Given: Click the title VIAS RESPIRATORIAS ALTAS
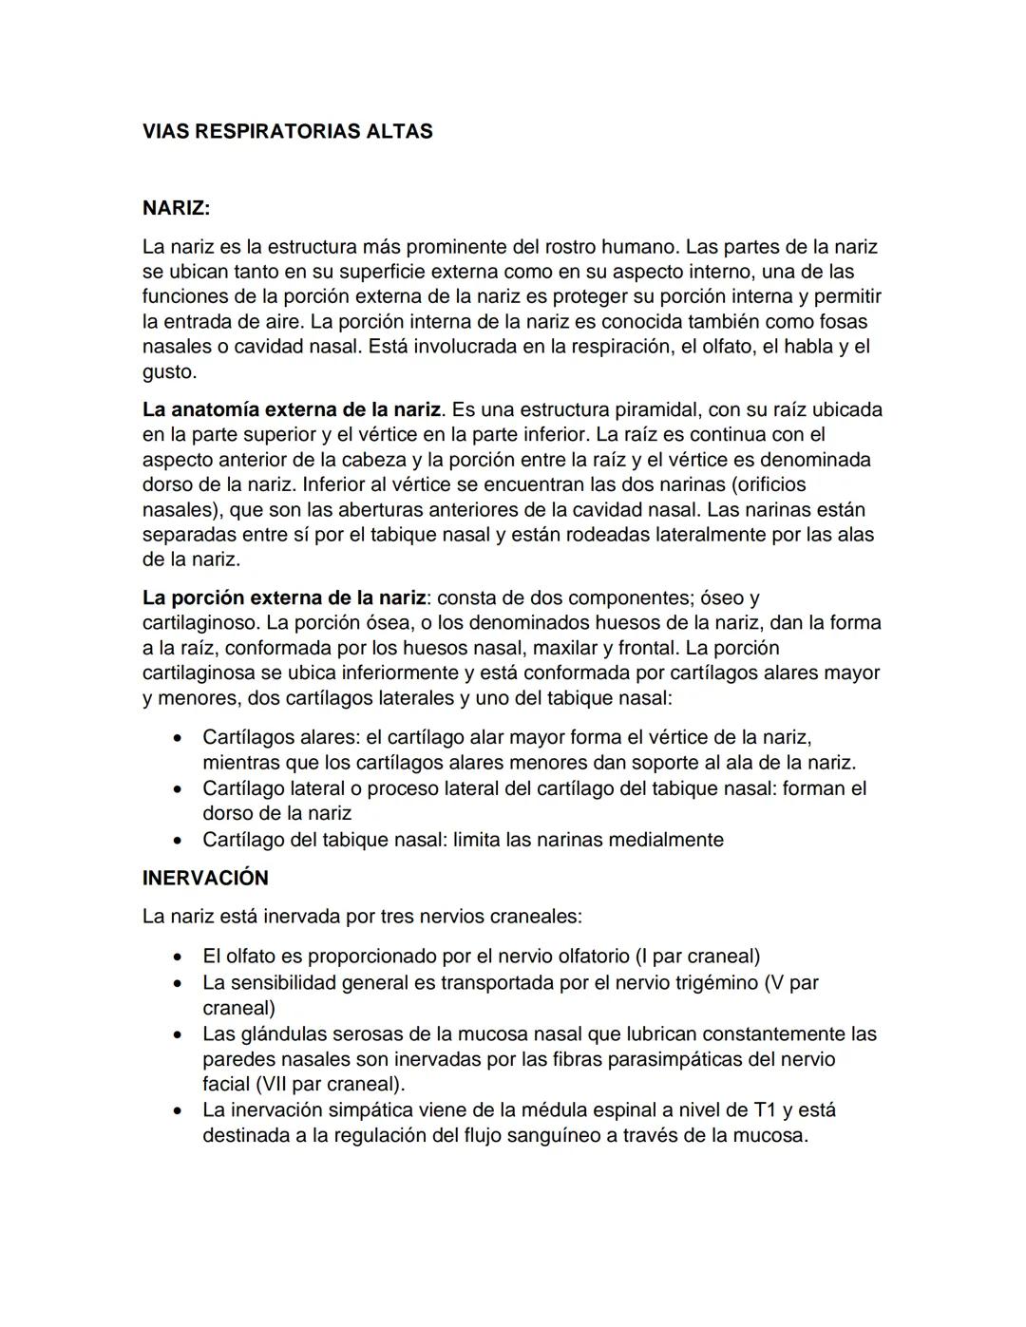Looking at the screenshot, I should point(287,132).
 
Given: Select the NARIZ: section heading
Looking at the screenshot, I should point(176,207).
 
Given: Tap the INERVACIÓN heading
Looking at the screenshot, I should point(205,878).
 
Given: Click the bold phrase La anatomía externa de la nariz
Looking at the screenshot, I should point(292,409).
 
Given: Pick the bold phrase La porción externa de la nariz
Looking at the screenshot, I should point(283,597).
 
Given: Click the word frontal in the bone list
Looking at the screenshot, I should point(646,648).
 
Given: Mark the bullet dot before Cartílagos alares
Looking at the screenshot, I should point(177,738).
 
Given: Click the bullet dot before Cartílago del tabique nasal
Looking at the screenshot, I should point(177,841).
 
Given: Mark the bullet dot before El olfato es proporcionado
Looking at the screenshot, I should point(177,957).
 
